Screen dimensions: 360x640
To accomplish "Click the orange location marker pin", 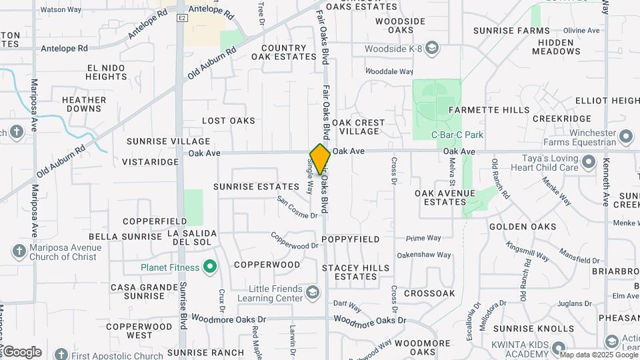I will tap(320, 159).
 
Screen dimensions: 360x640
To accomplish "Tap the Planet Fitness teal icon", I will tap(211, 268).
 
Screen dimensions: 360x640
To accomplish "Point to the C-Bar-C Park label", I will tap(457, 135).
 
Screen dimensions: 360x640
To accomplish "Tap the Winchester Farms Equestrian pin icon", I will tap(625, 137).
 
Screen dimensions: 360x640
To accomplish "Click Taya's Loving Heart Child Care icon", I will tap(588, 162).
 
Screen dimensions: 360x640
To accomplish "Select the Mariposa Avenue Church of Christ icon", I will tap(19, 252).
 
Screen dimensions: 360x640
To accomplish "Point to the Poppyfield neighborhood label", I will tap(350, 239).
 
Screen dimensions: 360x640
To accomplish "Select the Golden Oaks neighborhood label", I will tap(523, 227).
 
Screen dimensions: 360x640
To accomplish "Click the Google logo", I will tap(21, 352).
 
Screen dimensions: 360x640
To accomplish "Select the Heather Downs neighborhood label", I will tap(84, 104).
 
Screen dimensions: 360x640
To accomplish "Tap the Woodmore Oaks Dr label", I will tap(366, 320).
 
